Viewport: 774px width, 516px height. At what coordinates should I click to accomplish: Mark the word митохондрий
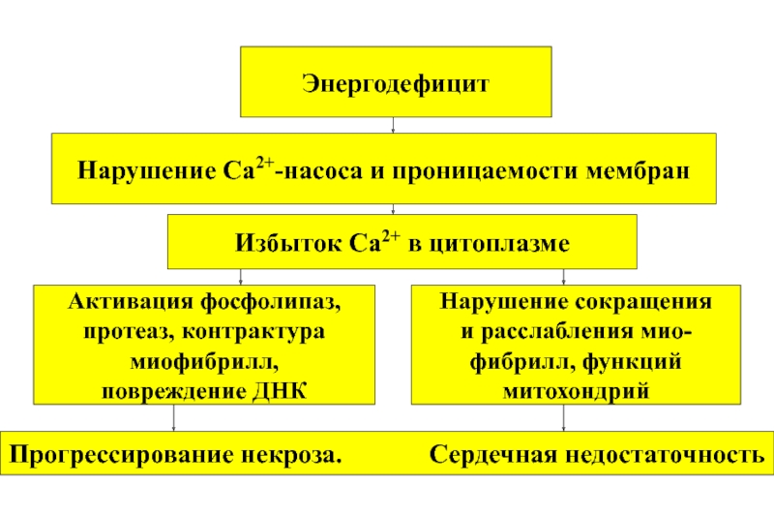pyautogui.click(x=577, y=391)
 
